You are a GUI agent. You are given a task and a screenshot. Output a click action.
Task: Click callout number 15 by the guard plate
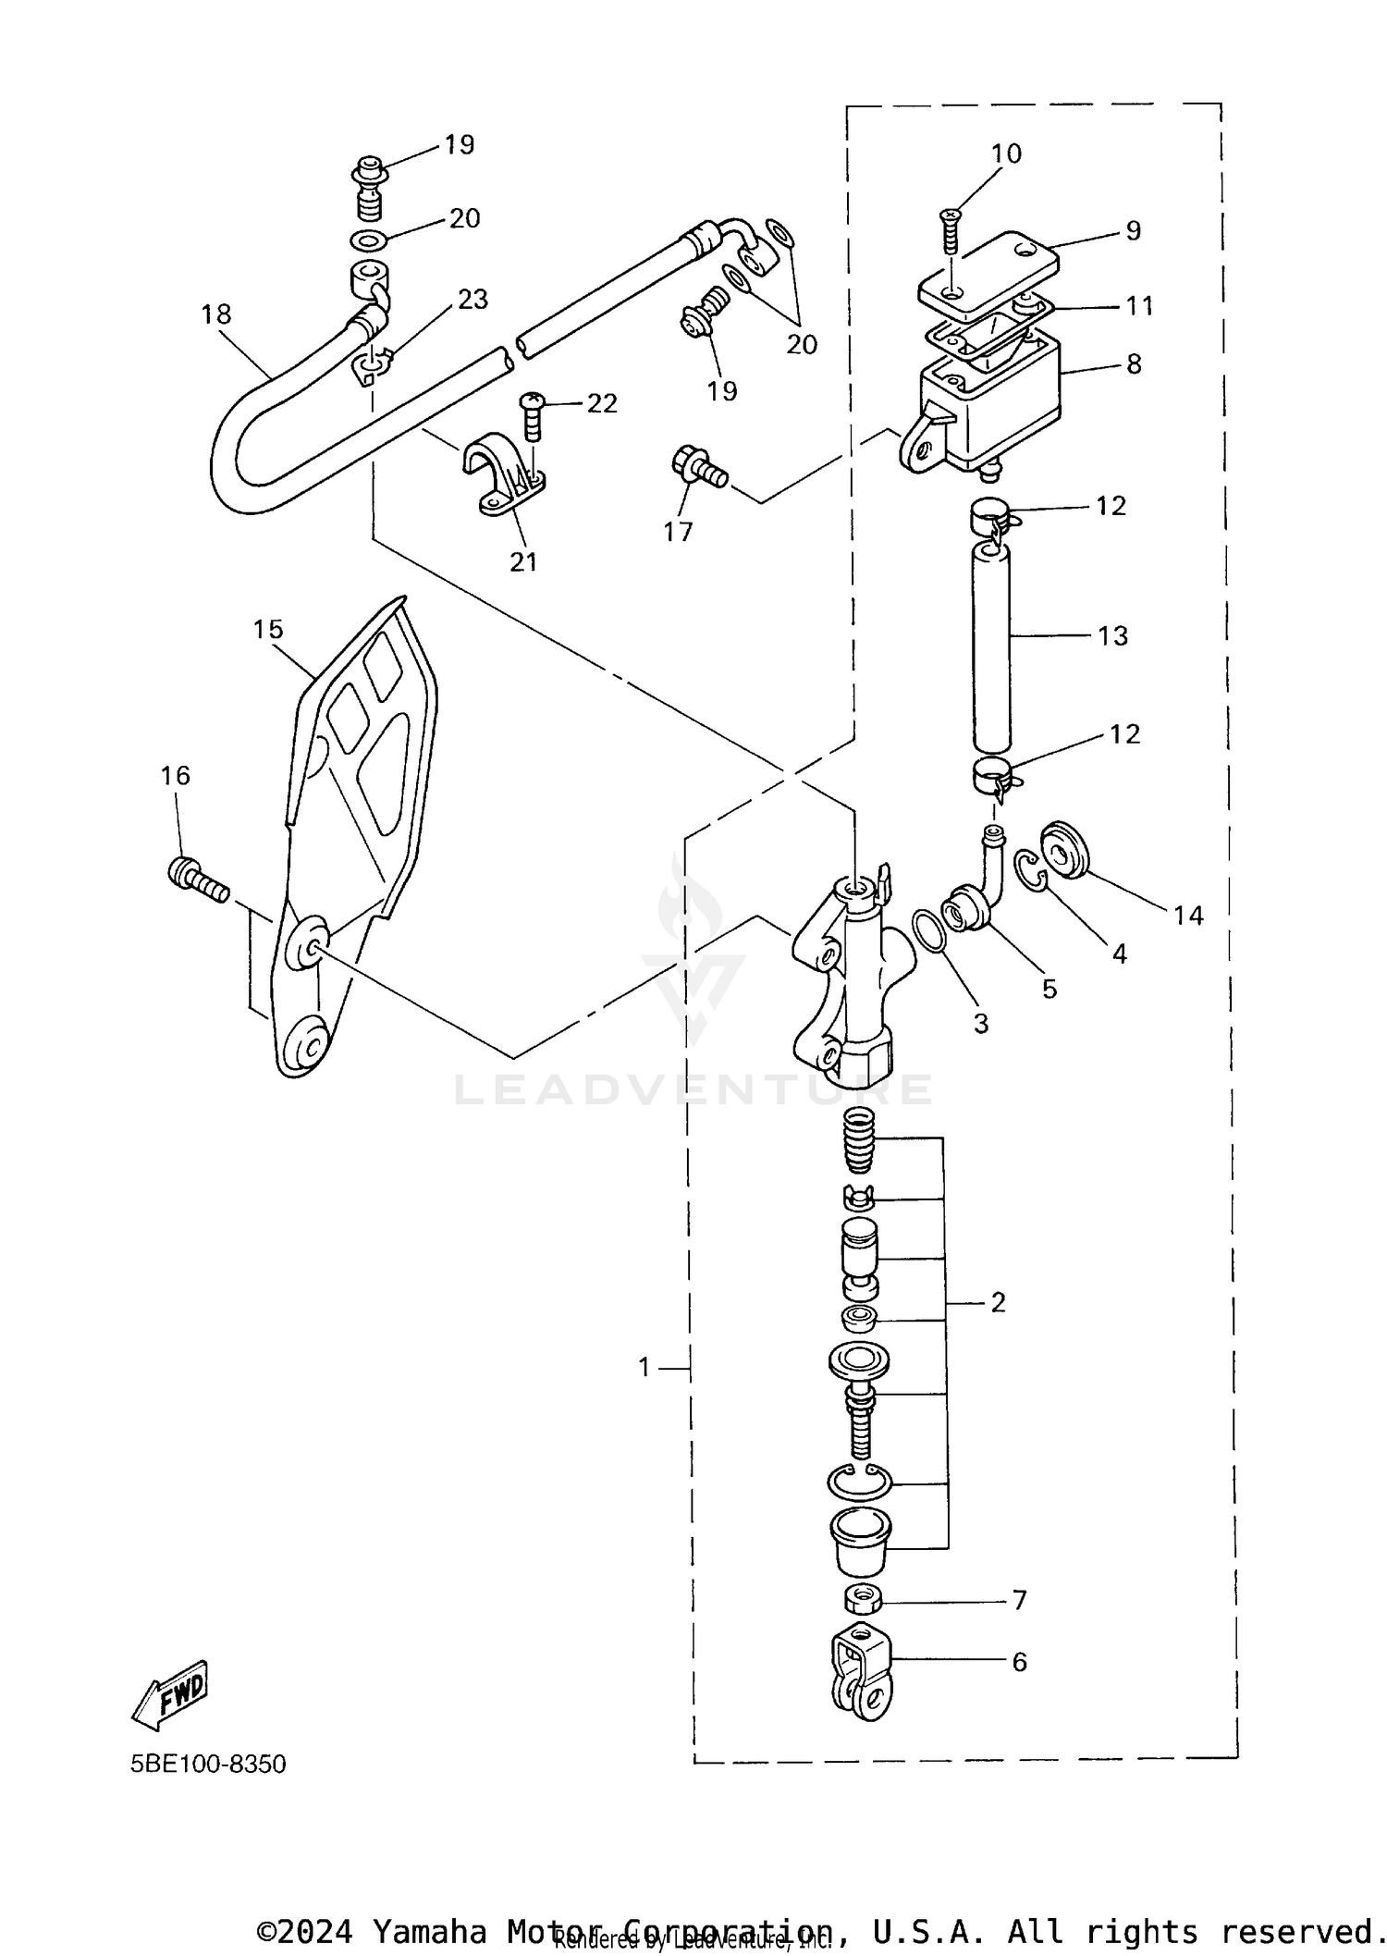[x=267, y=630]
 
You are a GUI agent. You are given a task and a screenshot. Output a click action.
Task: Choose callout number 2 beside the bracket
[x=998, y=1302]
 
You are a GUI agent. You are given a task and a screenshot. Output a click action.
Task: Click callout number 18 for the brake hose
[x=216, y=314]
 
